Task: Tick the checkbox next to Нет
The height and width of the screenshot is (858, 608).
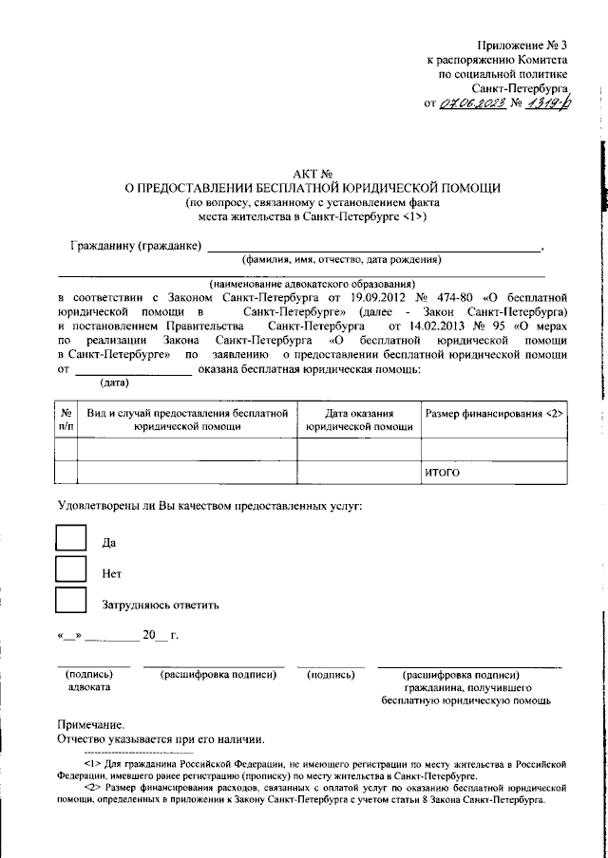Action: pos(71,569)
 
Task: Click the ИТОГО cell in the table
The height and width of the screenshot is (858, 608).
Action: pos(443,472)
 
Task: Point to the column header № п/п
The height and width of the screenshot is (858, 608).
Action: pos(66,420)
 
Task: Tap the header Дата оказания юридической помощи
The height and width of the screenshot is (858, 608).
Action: pos(359,420)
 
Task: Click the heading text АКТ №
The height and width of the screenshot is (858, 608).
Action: pos(311,175)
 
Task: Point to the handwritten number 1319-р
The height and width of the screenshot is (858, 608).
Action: pos(553,103)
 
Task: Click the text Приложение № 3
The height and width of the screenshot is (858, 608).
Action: pos(522,45)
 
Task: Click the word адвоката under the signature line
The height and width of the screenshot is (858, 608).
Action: pos(90,686)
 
